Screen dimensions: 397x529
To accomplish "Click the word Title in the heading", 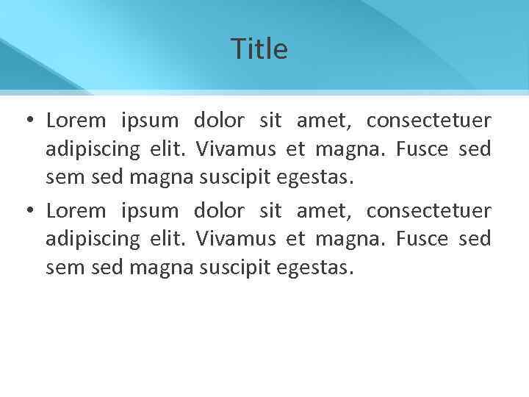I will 259,49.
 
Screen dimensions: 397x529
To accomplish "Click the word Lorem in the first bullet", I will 76,120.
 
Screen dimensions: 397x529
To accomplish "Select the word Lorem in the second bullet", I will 76,211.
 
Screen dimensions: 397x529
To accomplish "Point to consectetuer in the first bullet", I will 428,120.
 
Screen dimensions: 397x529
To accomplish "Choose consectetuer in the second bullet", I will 428,211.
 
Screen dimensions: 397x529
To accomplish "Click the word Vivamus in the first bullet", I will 236,149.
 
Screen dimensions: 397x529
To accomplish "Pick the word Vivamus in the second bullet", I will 236,240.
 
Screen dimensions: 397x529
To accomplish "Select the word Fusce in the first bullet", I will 422,149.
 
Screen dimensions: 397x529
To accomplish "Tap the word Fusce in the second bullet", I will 422,240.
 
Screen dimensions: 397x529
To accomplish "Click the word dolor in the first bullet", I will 219,120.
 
